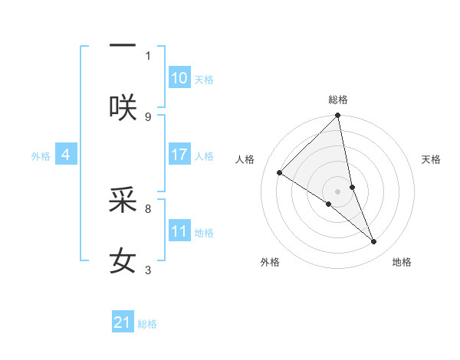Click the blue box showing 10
(179, 78)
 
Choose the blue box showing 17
(179, 155)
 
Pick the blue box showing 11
(179, 231)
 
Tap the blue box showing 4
(66, 155)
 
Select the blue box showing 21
(123, 322)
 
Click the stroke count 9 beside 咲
(148, 116)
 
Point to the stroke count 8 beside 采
(148, 208)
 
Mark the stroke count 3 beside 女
(148, 270)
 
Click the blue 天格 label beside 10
(204, 79)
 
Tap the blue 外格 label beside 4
(41, 155)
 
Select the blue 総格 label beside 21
(147, 323)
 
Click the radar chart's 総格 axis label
(338, 100)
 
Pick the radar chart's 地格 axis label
(402, 262)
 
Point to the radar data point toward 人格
(280, 172)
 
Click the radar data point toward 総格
(338, 116)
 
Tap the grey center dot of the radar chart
(338, 191)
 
